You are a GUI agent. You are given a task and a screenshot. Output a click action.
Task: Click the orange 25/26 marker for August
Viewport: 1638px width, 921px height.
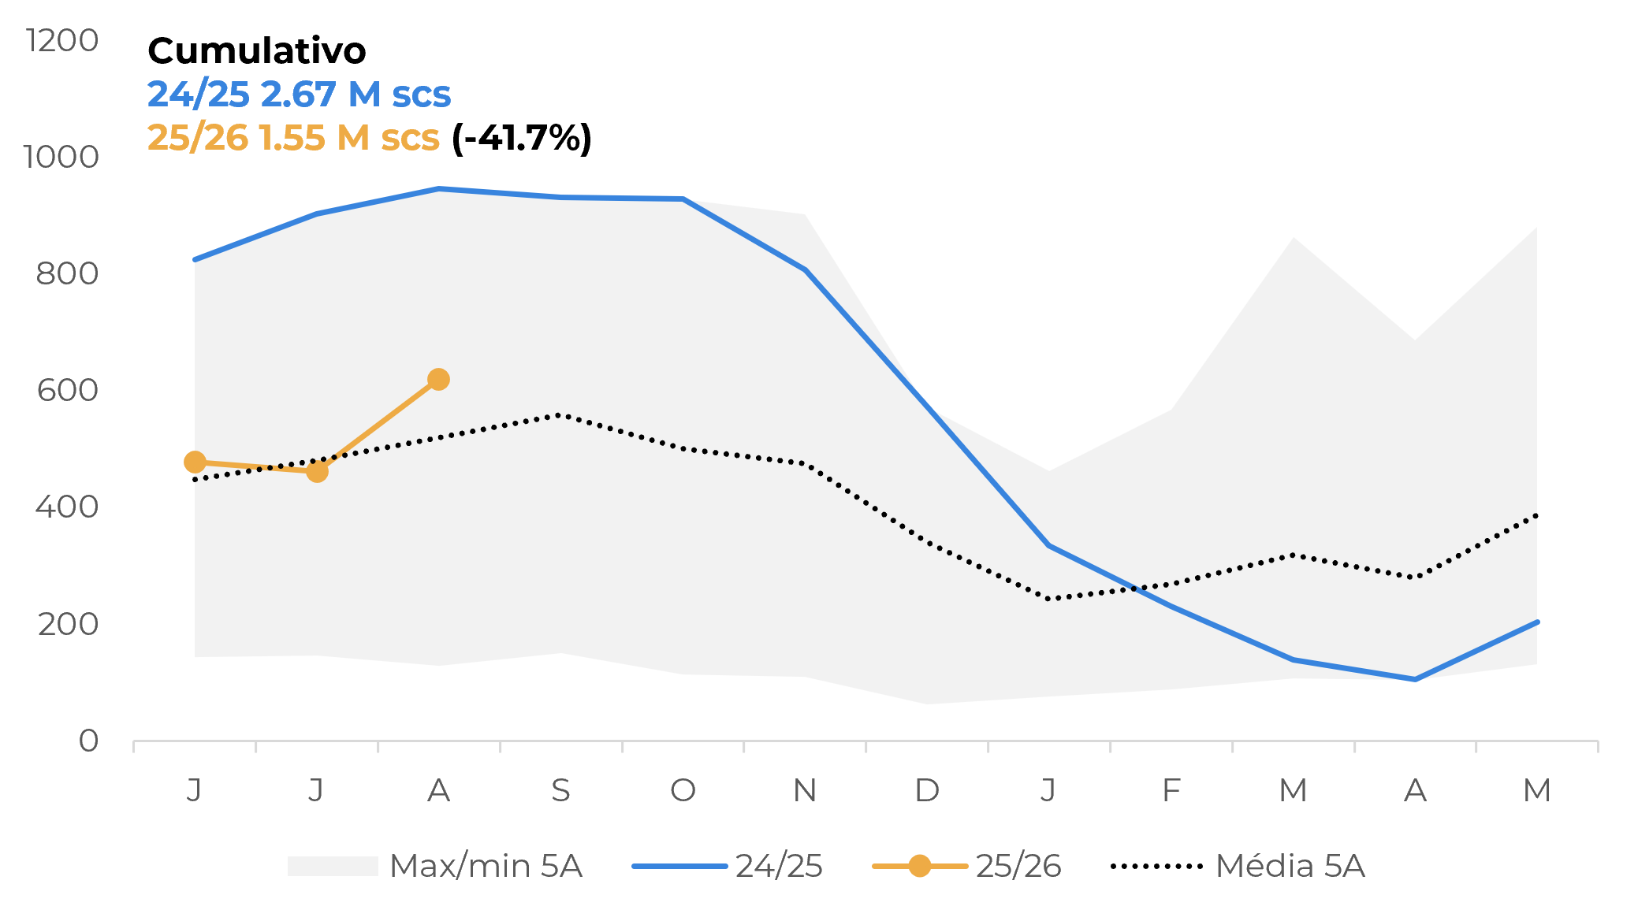click(x=438, y=380)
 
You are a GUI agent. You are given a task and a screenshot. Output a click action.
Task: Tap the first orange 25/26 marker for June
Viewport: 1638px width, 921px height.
click(x=195, y=462)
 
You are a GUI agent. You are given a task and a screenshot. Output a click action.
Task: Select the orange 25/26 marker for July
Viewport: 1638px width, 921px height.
click(x=317, y=472)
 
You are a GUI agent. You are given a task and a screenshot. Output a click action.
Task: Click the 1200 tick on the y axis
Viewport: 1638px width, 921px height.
click(x=62, y=40)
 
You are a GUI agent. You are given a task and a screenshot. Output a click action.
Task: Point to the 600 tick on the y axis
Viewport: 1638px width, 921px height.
click(x=68, y=390)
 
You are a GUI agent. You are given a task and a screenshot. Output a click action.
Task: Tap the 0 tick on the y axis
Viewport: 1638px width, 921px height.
click(x=88, y=741)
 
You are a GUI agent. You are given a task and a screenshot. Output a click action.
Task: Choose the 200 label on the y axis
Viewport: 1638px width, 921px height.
click(x=68, y=624)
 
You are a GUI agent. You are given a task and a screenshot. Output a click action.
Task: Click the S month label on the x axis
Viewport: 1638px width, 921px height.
click(x=560, y=789)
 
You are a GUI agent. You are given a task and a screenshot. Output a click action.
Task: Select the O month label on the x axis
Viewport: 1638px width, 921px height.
click(x=683, y=789)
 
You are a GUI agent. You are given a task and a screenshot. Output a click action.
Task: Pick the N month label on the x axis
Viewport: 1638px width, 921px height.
click(x=805, y=789)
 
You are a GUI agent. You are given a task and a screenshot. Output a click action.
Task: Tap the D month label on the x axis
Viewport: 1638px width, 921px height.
click(x=927, y=789)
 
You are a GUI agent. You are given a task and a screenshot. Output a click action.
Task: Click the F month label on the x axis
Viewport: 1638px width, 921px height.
click(x=1171, y=789)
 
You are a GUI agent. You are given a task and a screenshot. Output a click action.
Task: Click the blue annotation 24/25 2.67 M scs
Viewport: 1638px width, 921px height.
click(x=299, y=95)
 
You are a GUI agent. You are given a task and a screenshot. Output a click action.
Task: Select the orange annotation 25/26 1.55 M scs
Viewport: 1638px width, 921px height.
click(x=293, y=138)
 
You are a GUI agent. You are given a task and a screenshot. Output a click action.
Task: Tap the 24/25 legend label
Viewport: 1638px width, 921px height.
click(x=779, y=866)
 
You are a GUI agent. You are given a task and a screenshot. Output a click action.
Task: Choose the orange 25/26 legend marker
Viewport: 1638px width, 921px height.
click(x=919, y=866)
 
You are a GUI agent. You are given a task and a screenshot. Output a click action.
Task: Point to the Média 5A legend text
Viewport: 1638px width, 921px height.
click(x=1290, y=866)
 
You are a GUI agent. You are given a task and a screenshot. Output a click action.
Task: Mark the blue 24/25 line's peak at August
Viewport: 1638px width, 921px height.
click(x=438, y=189)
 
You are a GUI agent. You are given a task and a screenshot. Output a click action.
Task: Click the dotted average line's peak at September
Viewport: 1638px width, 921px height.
click(x=559, y=414)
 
